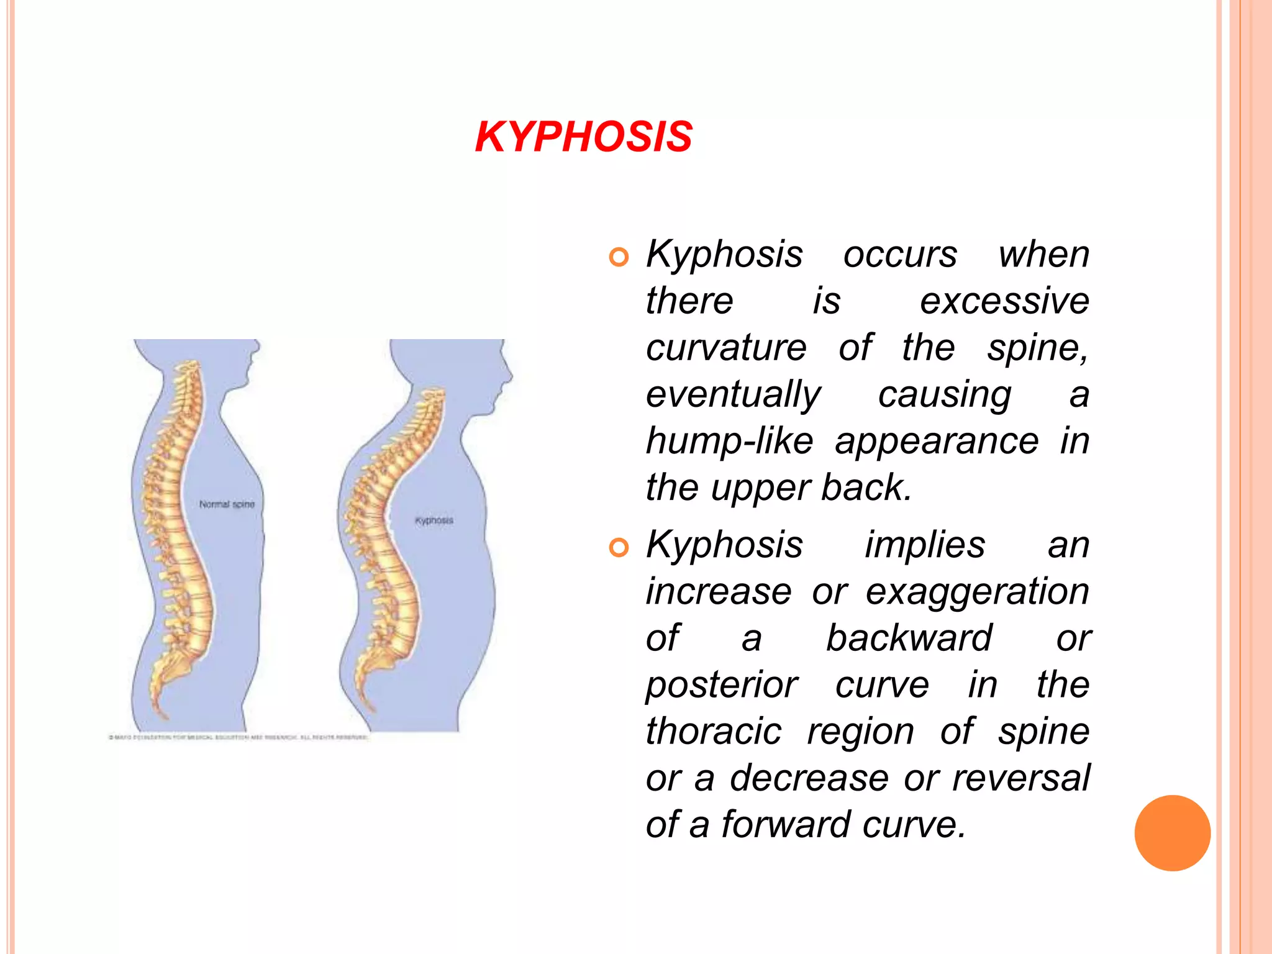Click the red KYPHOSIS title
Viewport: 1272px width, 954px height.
[583, 137]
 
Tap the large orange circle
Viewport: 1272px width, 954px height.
[1172, 833]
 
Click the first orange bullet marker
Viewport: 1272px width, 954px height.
[619, 257]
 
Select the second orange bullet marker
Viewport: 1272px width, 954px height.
[619, 547]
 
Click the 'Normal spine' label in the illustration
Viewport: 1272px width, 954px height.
[227, 504]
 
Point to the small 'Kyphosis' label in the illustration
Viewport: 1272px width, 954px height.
[434, 520]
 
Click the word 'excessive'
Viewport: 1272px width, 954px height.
[1004, 301]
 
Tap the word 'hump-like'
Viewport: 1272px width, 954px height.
[729, 441]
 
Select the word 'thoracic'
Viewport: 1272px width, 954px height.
[714, 731]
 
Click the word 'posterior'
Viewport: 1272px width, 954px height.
[722, 685]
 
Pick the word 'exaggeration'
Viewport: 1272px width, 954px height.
[977, 591]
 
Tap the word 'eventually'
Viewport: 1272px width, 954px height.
[734, 395]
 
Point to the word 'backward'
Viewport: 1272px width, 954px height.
[909, 638]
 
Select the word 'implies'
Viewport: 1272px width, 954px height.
[925, 545]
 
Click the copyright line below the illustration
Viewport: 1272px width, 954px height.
[238, 738]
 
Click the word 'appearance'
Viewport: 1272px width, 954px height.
[937, 441]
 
